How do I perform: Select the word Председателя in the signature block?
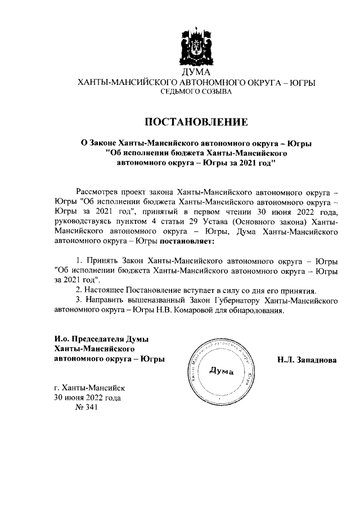(96, 340)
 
